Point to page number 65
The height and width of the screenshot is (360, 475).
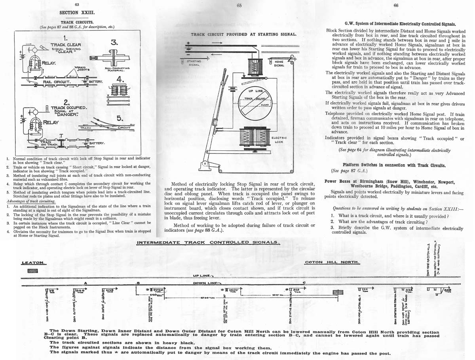pos(239,5)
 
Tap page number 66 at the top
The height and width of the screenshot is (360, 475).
pos(396,5)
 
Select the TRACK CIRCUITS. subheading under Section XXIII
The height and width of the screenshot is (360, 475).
pos(77,22)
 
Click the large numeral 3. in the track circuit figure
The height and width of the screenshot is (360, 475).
pos(114,43)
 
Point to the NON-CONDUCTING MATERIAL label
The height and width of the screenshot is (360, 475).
pos(116,70)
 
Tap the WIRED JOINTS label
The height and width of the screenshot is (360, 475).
pos(84,69)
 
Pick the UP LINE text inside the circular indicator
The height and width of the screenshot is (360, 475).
pos(253,91)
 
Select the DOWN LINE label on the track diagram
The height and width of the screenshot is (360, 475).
pos(204,283)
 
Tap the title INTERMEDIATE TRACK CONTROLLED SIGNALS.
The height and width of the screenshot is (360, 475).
pos(208,242)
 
